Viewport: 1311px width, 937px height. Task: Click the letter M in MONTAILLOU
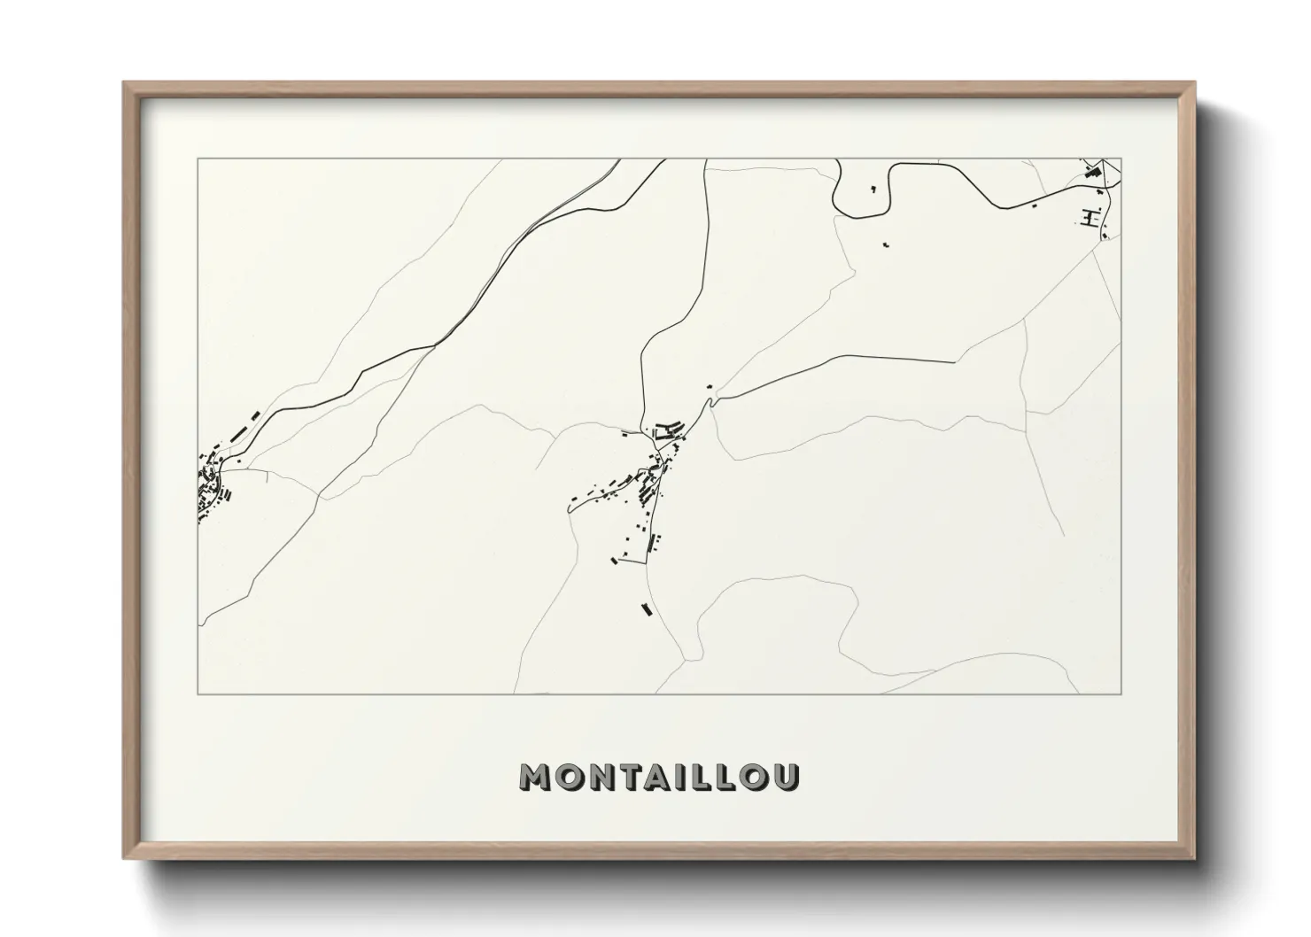pyautogui.click(x=536, y=777)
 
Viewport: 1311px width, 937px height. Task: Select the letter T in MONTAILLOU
pyautogui.click(x=630, y=777)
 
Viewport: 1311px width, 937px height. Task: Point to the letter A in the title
pyautogui.click(x=660, y=777)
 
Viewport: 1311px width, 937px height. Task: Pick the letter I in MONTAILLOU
pyautogui.click(x=684, y=777)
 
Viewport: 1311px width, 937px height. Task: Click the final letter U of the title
pyautogui.click(x=787, y=777)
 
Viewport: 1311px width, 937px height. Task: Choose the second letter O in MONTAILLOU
pyautogui.click(x=756, y=777)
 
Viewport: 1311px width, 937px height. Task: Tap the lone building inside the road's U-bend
pyautogui.click(x=873, y=189)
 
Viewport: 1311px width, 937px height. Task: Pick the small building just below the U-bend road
pyautogui.click(x=886, y=244)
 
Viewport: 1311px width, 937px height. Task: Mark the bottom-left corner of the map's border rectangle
pyautogui.click(x=198, y=693)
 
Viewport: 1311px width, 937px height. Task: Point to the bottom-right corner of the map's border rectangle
pyautogui.click(x=1122, y=693)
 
